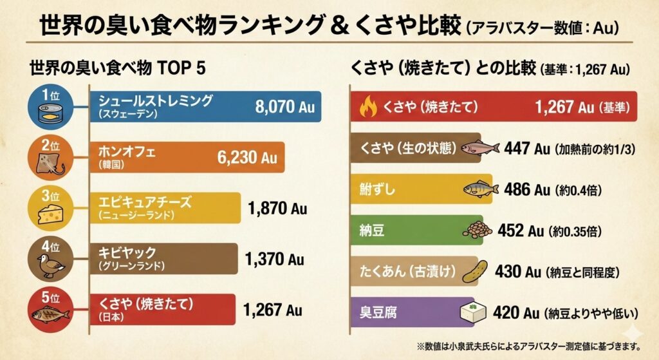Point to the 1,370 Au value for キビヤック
click(274, 260)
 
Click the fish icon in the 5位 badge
click(50, 315)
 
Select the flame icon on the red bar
click(367, 107)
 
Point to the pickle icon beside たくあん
click(478, 271)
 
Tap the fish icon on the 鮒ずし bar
click(481, 189)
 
